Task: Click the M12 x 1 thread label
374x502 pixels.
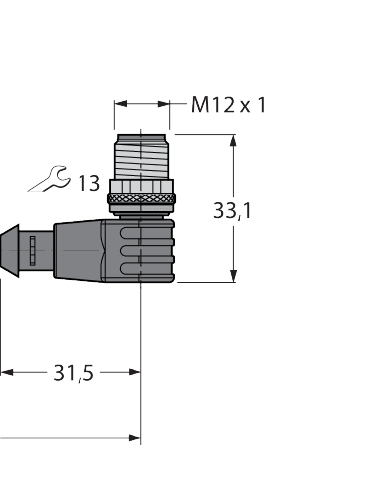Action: coord(228,104)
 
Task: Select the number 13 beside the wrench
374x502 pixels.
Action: coord(88,182)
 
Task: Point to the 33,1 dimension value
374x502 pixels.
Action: coord(232,209)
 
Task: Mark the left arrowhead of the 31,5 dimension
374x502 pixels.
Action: coord(6,373)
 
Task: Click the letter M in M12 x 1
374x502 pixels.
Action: coord(199,104)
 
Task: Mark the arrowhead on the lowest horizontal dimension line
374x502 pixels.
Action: coord(135,437)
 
